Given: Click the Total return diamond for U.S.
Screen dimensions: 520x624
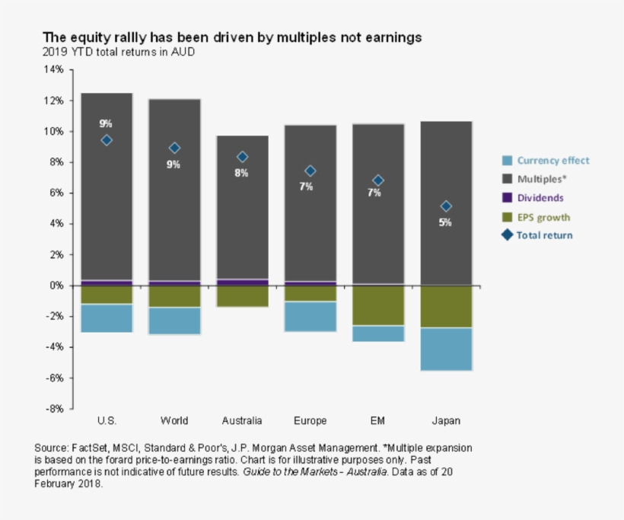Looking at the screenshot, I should pos(107,140).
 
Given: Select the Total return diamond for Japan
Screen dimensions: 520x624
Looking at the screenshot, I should pos(446,206).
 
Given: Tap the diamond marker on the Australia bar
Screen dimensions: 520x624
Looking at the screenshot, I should pos(242,157).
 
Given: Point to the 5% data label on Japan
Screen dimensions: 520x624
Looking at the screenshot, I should pos(445,222).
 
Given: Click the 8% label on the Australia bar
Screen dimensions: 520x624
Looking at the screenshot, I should pos(241,173).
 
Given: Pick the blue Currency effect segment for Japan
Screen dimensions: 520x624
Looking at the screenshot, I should pos(446,349).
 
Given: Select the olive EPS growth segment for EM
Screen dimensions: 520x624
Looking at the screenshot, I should pos(378,305).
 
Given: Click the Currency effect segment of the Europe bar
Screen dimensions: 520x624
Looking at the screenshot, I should pos(310,316).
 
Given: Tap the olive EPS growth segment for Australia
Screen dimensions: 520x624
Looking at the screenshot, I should pos(242,296).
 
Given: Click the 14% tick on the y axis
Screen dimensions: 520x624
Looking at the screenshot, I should pos(54,69).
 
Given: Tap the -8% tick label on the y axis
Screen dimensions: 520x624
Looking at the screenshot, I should pos(54,409).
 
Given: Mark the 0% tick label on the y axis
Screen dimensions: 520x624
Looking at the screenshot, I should pos(56,286).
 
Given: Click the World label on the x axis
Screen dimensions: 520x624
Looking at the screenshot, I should pos(174,421).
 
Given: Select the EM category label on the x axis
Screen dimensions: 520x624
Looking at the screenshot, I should pos(378,421).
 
